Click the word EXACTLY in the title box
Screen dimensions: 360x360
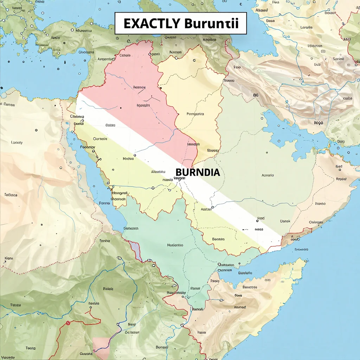[x=151, y=24]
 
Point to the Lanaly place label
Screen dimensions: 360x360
[x=17, y=142]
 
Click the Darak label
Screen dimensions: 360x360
[x=285, y=221]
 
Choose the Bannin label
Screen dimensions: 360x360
[x=218, y=239]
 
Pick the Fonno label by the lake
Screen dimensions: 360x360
[x=104, y=203]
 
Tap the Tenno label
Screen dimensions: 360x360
[x=105, y=241]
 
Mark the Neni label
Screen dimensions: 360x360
[x=8, y=258]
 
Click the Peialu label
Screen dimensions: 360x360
[x=108, y=289]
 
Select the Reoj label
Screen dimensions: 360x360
[x=132, y=324]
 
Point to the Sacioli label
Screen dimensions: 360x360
[x=338, y=59]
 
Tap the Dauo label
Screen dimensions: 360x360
[x=270, y=21]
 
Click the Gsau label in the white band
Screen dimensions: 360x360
[x=110, y=125]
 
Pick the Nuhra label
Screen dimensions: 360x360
[x=128, y=159]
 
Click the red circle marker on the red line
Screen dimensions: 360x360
[x=68, y=322]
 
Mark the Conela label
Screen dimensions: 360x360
[x=125, y=55]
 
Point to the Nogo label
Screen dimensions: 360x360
[x=319, y=123]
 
